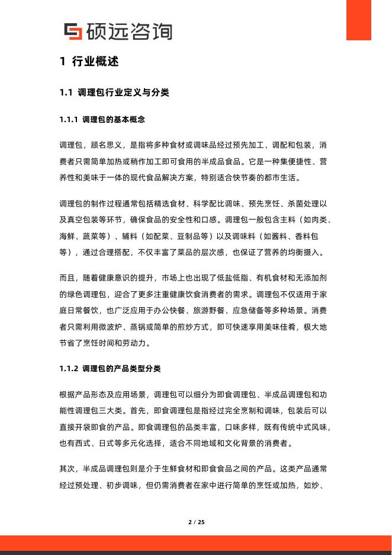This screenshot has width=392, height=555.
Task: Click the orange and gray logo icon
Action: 73,31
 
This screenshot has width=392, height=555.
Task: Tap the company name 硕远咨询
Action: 128,31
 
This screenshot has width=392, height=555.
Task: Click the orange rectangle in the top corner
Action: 358,19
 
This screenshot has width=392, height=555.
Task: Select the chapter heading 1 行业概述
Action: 89,62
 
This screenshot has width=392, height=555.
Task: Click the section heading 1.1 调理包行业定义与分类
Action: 115,92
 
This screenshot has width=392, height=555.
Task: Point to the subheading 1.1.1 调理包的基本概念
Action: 102,120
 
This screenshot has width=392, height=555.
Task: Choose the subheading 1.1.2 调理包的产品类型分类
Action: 110,368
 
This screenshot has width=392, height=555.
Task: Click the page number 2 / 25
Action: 196,522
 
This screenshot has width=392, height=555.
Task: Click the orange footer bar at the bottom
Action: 196,543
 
